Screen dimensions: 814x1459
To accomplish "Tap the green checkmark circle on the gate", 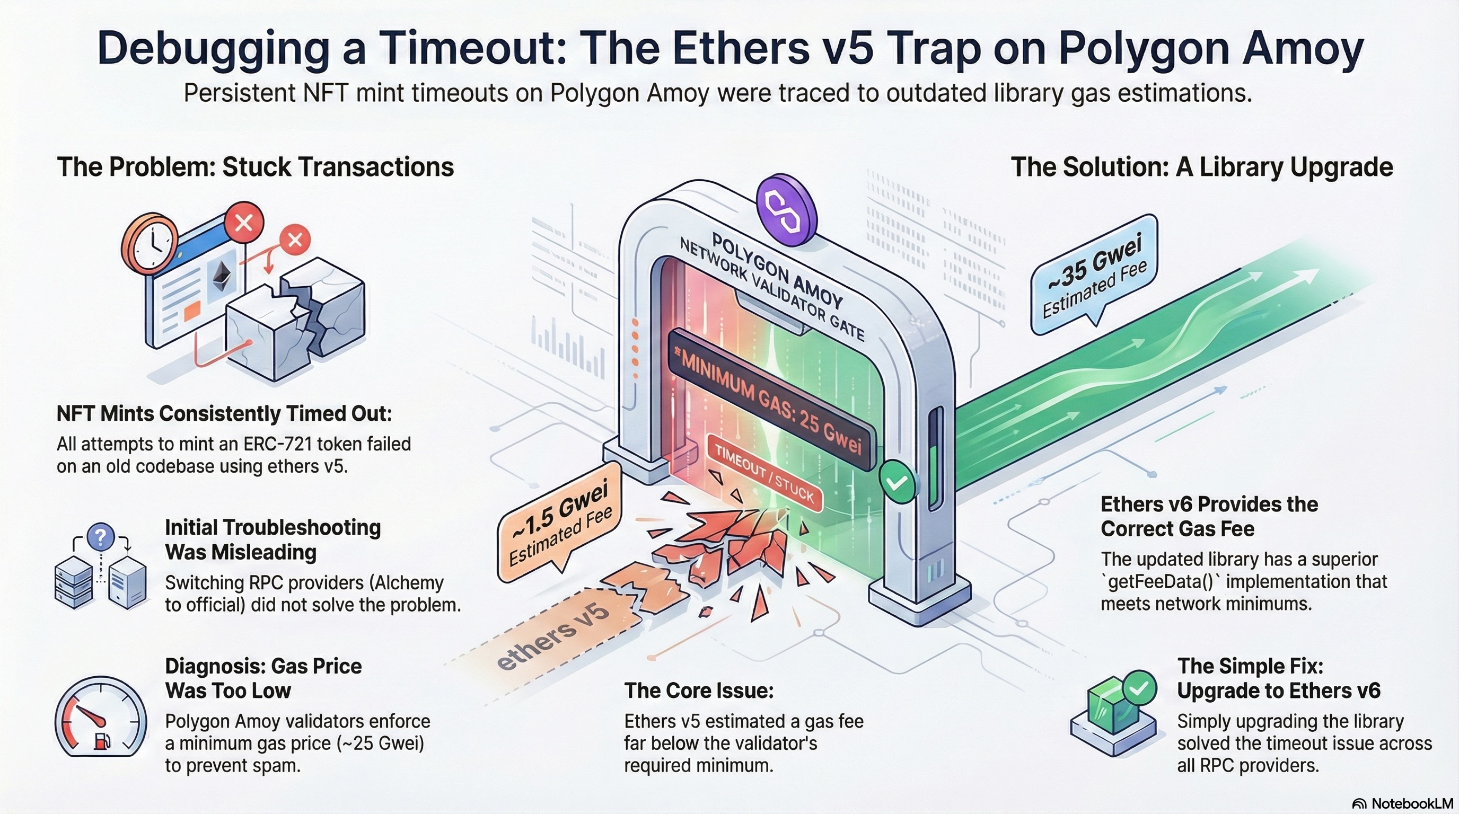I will (897, 482).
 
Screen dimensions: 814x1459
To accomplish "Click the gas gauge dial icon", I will (100, 716).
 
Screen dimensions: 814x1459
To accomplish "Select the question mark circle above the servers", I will (101, 535).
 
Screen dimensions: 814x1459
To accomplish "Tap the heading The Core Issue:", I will (699, 691).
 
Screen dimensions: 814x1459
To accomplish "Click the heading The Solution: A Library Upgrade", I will (1201, 167).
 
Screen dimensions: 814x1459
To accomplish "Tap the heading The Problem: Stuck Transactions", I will (256, 167).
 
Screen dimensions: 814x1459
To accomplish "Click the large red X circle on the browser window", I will (244, 223).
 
